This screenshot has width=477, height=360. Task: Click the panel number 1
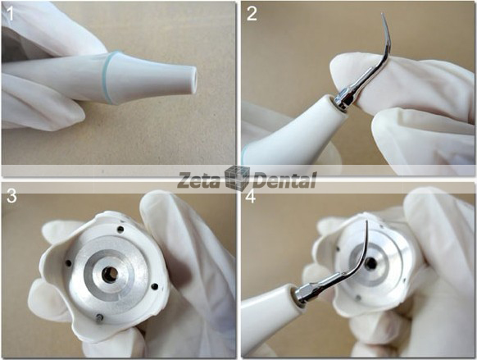10,11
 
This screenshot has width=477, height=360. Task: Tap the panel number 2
250,11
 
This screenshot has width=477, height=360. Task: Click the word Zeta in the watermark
200,180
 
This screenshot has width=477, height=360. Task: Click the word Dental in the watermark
284,180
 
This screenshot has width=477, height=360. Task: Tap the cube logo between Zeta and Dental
238,179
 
